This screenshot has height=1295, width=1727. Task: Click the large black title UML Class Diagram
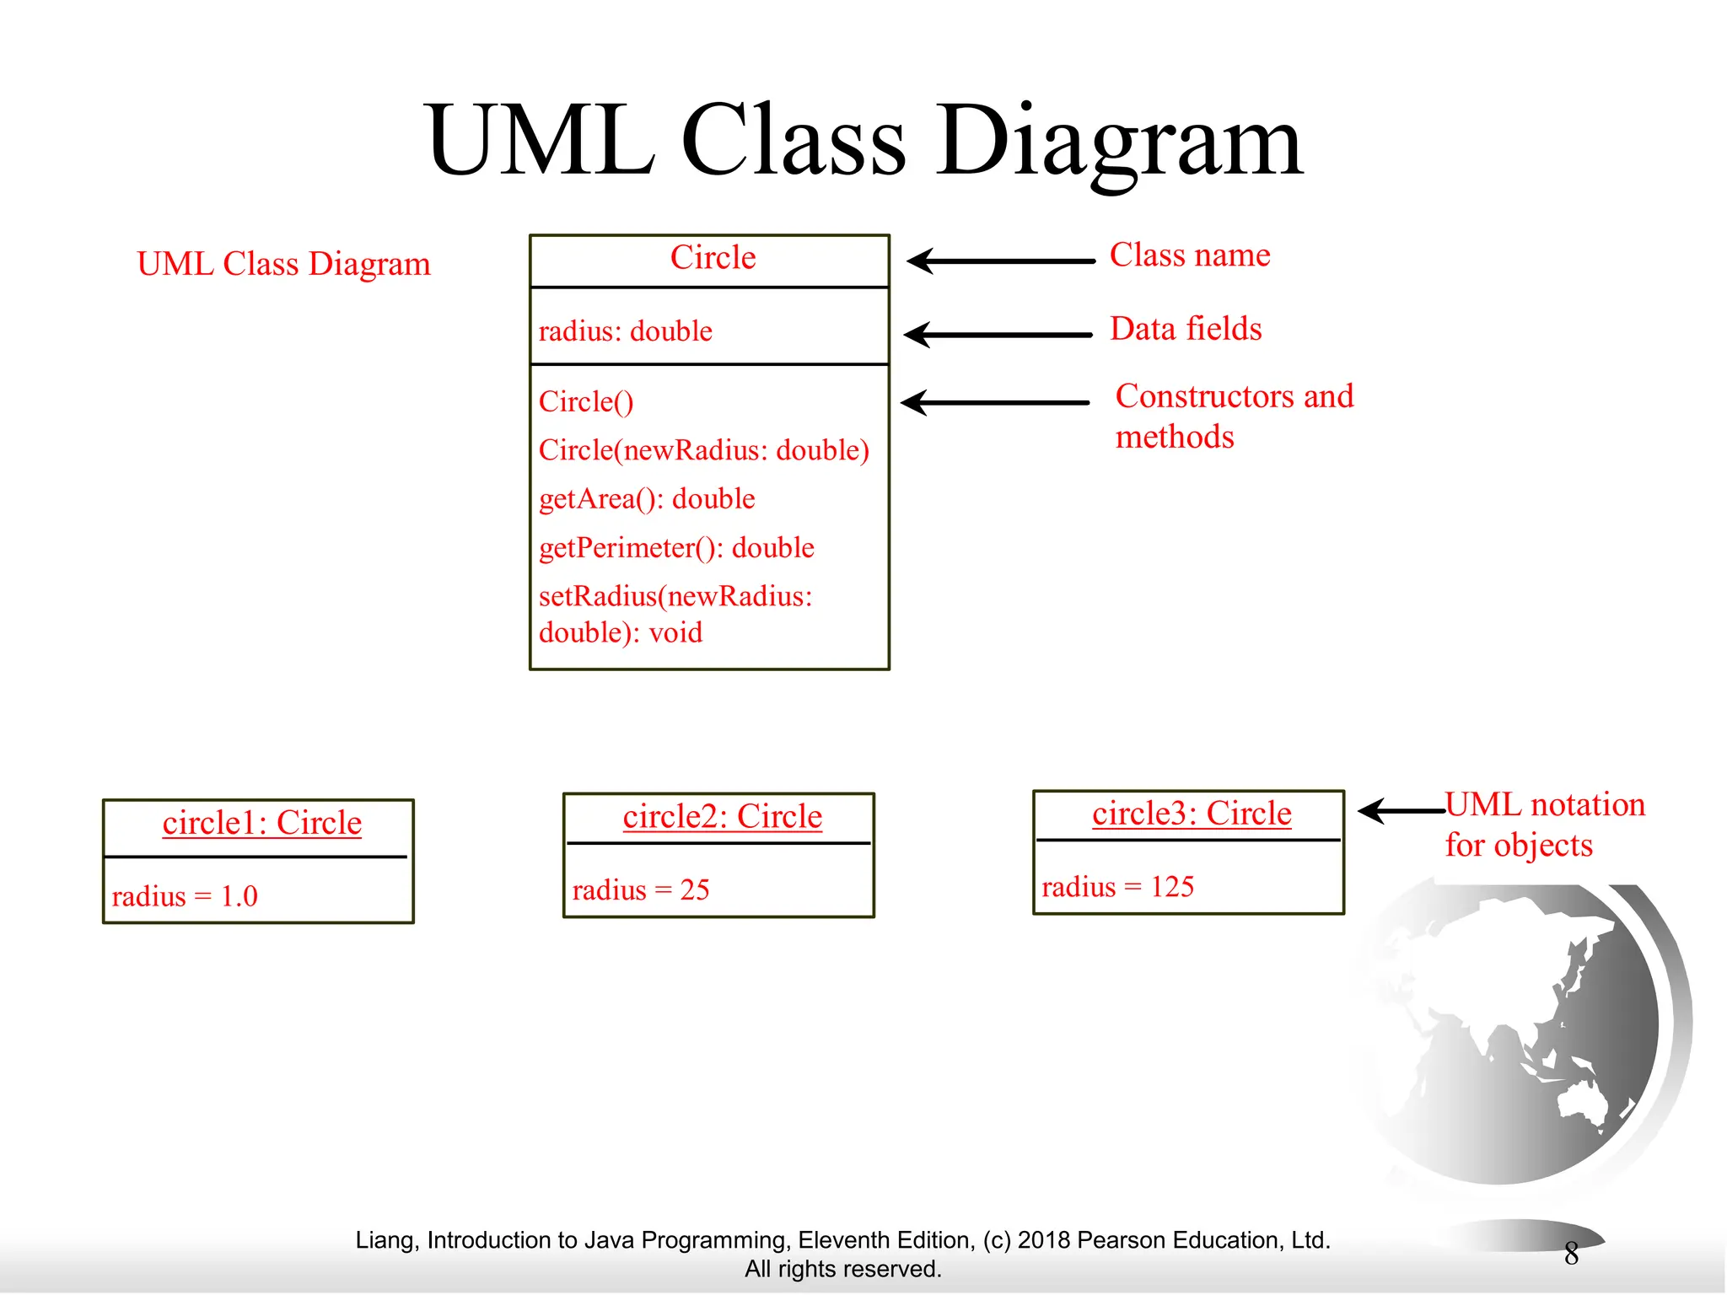[863, 142]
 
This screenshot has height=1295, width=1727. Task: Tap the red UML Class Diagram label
[283, 264]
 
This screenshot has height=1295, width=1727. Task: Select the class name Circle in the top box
[713, 257]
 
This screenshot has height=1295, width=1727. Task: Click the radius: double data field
[625, 330]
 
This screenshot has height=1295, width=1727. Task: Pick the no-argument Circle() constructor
[586, 401]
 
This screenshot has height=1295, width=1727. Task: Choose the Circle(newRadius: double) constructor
[703, 450]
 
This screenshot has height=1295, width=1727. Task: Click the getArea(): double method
[647, 499]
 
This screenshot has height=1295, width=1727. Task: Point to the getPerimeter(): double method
[676, 548]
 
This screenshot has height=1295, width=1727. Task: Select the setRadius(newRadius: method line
[675, 597]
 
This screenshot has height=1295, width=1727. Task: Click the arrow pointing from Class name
[1000, 261]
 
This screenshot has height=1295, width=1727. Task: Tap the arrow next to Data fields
[998, 335]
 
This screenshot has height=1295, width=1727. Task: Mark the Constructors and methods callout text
[1233, 416]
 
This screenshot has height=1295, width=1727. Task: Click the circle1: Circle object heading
[261, 823]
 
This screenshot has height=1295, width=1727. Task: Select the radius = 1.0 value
[185, 895]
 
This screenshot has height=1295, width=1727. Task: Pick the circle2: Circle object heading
[722, 817]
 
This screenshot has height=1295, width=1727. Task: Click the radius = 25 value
[641, 889]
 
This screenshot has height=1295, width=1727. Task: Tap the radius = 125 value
[1117, 887]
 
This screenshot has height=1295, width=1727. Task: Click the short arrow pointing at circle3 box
[1401, 811]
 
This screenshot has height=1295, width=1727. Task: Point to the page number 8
[1571, 1254]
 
